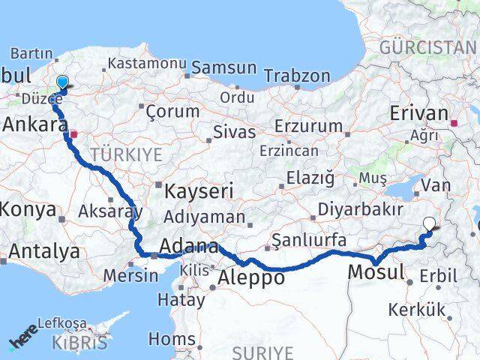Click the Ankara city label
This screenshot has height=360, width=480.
pos(33,124)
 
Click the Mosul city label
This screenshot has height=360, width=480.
pos(376,271)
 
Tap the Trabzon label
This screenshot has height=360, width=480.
pos(297,76)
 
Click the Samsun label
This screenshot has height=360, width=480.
pos(223,67)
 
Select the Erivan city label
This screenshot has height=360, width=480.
pos(418,113)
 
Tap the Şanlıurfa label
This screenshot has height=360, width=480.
pos(309,240)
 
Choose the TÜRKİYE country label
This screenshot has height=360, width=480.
pos(125,155)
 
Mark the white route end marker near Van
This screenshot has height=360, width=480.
pos(429,223)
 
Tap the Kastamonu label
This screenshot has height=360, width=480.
pos(146,64)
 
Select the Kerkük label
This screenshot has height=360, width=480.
pos(417,309)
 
